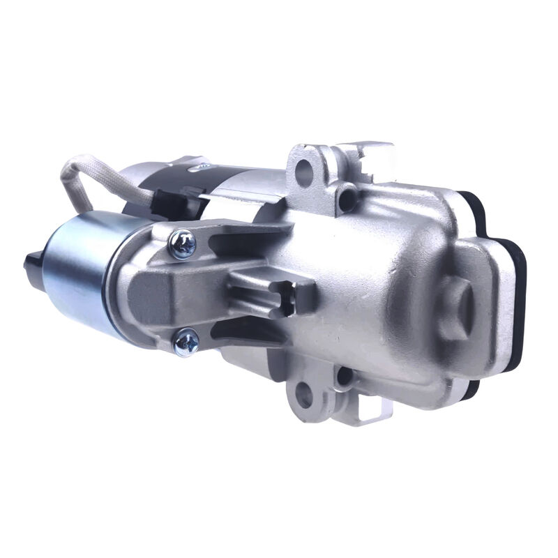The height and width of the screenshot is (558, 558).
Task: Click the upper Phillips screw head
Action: coord(182,243)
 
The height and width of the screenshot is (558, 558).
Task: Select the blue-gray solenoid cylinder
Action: coord(80,272)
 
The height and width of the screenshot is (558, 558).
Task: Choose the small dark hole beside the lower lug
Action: coord(342,377)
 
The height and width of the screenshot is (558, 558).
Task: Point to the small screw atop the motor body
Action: coord(203,166)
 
